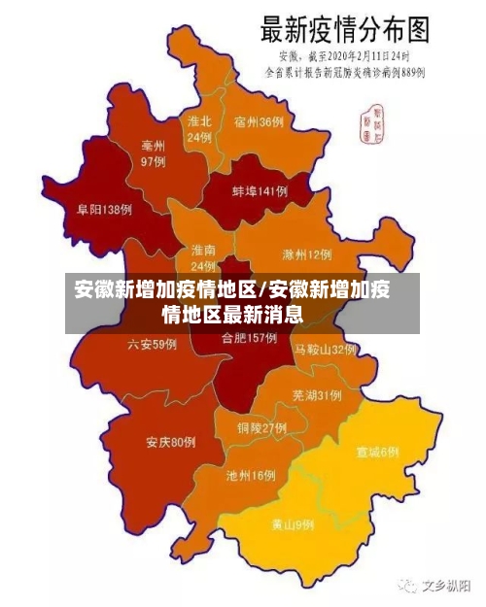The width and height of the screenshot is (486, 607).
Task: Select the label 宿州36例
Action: tap(259, 121)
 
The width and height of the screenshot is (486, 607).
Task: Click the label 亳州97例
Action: tap(153, 153)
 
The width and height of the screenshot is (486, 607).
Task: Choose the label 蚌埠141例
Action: tap(260, 191)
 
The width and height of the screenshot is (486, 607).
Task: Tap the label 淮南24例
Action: tap(203, 257)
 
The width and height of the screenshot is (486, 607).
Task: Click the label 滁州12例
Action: tap(306, 254)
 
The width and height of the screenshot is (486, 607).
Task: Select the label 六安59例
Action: tap(153, 344)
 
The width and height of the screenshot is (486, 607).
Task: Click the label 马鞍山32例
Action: tap(326, 349)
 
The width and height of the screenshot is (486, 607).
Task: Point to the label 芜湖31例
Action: tap(316, 394)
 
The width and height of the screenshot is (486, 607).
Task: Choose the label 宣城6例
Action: tap(377, 452)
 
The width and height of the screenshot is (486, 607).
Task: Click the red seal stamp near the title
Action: tap(371, 120)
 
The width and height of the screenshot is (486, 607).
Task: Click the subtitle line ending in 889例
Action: tap(346, 71)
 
